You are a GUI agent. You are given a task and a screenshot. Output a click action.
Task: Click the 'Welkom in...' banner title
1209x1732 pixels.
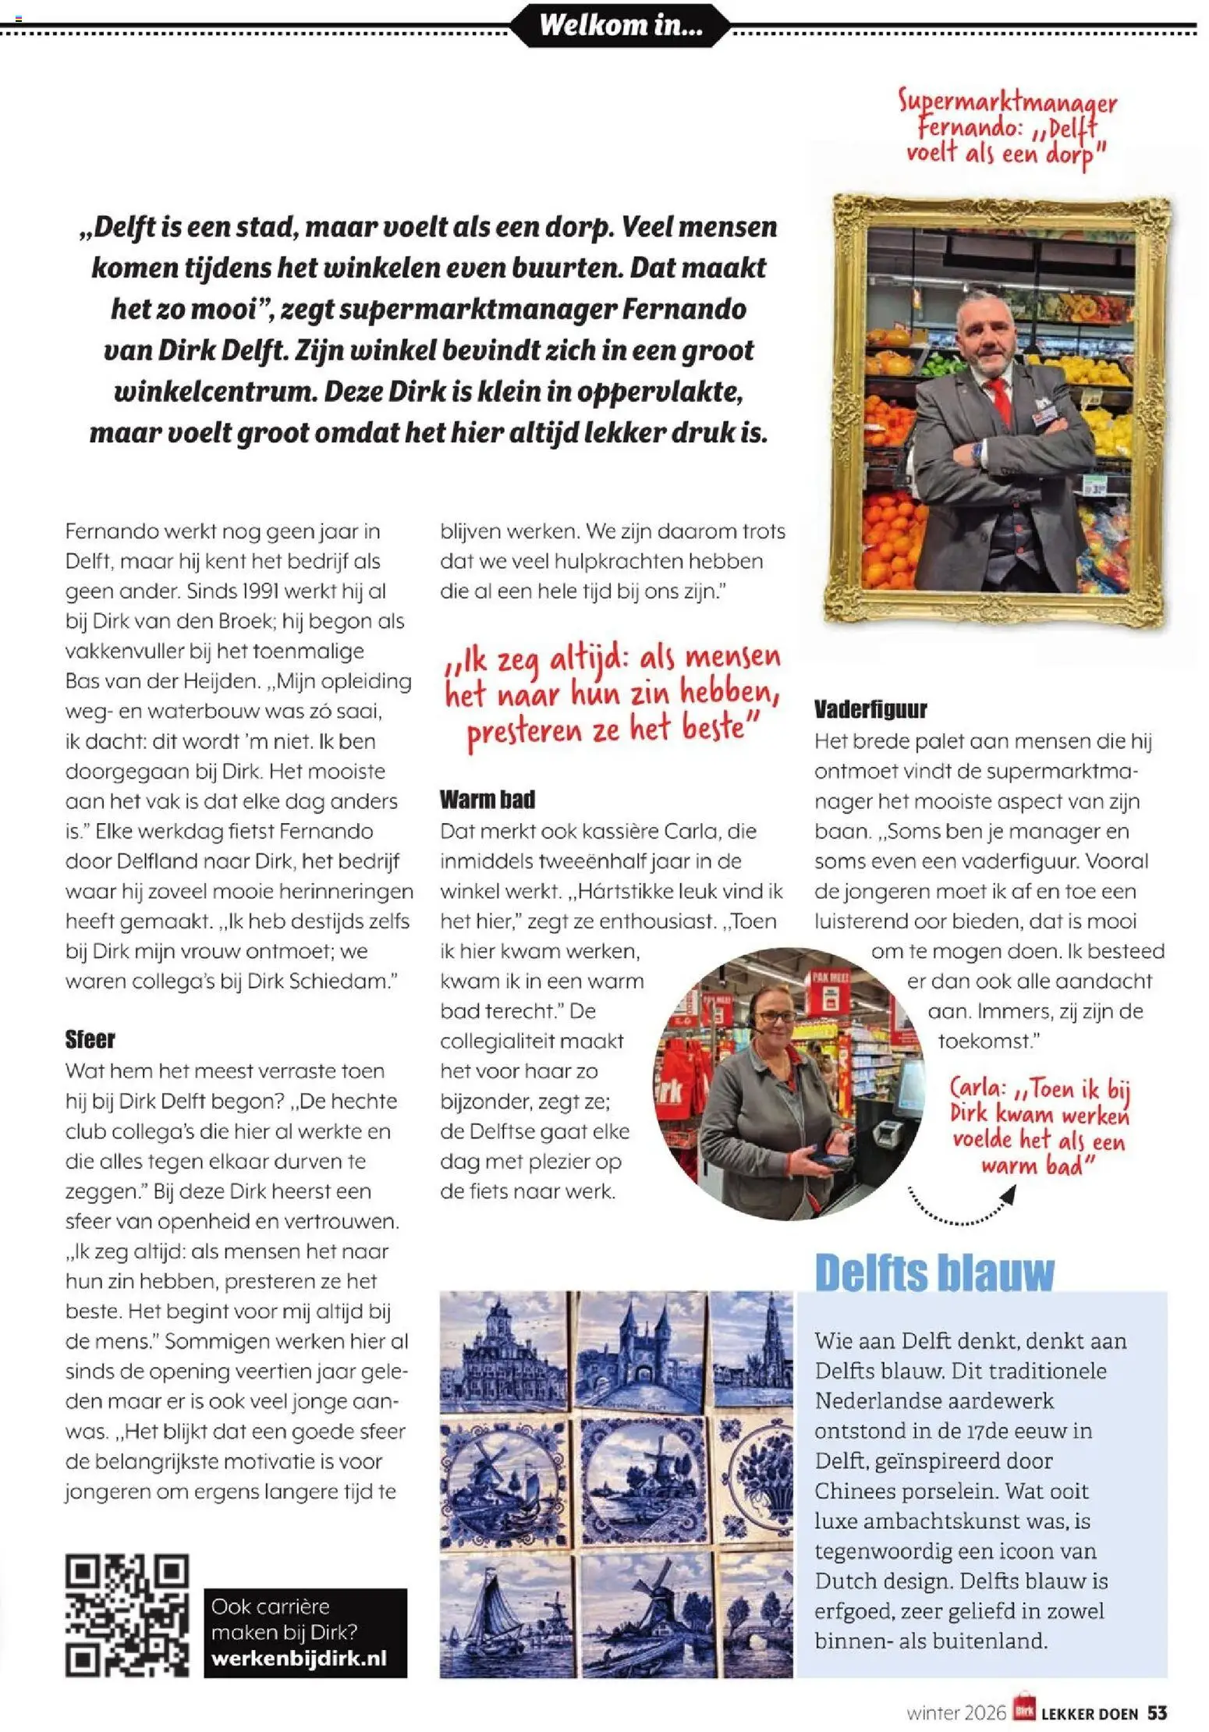(621, 25)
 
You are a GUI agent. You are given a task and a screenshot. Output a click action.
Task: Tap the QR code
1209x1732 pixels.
(127, 1615)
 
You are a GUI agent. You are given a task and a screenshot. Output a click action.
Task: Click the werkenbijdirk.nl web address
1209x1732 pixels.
(299, 1658)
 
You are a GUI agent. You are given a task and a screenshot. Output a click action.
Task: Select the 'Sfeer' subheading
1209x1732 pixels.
(90, 1039)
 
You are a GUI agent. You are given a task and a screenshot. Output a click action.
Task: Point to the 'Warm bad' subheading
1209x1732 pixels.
(487, 799)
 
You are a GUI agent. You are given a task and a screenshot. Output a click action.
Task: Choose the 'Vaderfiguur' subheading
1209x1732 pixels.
(870, 709)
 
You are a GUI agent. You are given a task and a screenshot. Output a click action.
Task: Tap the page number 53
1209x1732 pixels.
(1157, 1712)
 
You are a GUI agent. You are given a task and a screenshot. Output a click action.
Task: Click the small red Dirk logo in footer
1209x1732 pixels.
(1023, 1712)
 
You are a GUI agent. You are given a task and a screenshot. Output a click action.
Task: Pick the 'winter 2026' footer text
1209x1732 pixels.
(955, 1712)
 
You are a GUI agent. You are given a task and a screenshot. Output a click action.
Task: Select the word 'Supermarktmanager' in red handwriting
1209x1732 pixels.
(1007, 101)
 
